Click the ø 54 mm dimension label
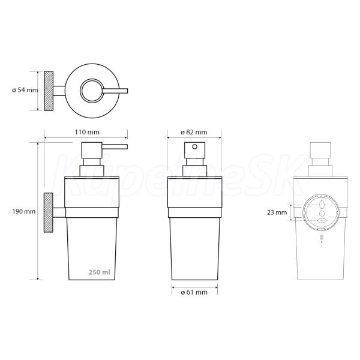coord(25,90)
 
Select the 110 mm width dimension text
coord(87,132)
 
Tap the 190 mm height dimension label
coord(24,211)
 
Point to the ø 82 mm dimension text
coord(194,132)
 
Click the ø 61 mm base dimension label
coord(194,292)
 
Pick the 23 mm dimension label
coord(277,212)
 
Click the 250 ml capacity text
coord(100,272)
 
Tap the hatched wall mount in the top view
coord(49,91)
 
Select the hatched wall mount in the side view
coord(48,212)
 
